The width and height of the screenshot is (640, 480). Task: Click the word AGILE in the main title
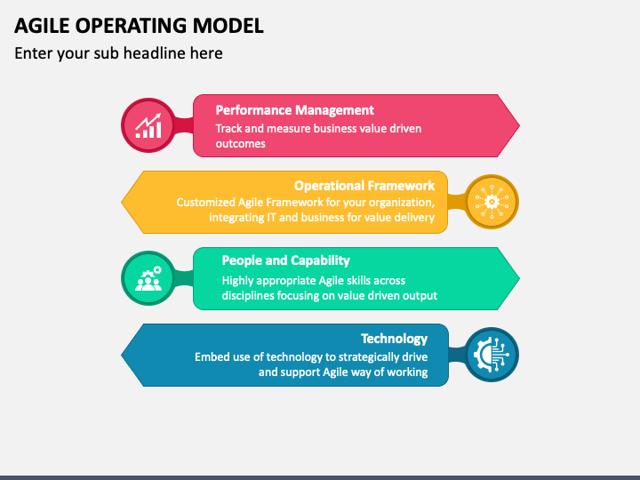pos(42,26)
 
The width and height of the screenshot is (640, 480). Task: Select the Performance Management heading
pos(295,110)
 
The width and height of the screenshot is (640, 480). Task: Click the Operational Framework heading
pos(364,186)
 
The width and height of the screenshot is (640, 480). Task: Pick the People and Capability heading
pos(285,260)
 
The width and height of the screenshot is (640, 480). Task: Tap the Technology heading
pos(395,339)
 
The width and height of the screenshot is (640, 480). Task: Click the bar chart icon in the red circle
pos(148,125)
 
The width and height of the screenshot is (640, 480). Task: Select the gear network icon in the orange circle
pos(492,202)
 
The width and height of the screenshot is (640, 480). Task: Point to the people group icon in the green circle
pos(148,278)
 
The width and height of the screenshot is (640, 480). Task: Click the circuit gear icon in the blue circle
pos(492,355)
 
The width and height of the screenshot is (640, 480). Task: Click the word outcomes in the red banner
pos(240,144)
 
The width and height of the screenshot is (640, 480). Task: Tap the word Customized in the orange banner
pos(205,203)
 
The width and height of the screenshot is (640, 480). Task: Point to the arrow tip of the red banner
pos(519,125)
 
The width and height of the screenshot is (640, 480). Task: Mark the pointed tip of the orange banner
pos(122,202)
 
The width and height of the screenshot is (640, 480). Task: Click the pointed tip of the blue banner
pos(122,355)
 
